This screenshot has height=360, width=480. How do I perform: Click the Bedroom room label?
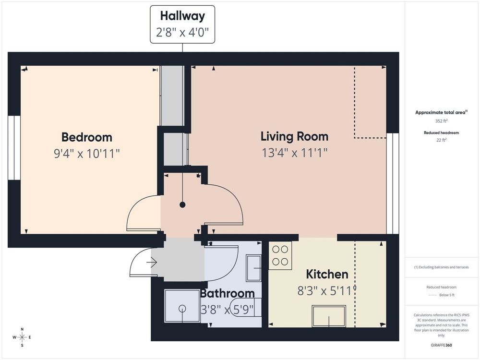(86, 137)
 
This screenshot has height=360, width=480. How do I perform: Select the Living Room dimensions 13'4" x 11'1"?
(295, 153)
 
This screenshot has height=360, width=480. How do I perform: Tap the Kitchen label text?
(327, 274)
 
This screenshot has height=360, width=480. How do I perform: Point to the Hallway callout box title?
(182, 16)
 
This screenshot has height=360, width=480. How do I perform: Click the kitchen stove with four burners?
(280, 256)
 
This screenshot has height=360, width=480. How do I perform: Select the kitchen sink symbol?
(329, 316)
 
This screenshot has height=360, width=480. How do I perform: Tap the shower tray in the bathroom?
(182, 305)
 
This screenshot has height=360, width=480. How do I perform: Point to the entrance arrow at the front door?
(152, 263)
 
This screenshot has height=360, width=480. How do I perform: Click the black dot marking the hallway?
(182, 205)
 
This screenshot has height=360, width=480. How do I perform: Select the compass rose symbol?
(22, 337)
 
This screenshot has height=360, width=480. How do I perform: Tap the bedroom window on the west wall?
(14, 147)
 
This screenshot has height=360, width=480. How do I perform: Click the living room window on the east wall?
(393, 183)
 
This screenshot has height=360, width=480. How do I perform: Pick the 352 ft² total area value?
(442, 121)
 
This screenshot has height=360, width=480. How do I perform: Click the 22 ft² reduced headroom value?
(442, 140)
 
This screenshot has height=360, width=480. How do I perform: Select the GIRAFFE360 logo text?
(442, 345)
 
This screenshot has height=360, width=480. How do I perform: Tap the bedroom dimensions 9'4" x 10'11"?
(86, 154)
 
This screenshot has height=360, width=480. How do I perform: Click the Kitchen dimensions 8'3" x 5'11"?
(327, 290)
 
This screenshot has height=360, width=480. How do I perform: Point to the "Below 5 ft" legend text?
(447, 295)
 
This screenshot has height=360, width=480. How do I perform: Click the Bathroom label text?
(227, 293)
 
